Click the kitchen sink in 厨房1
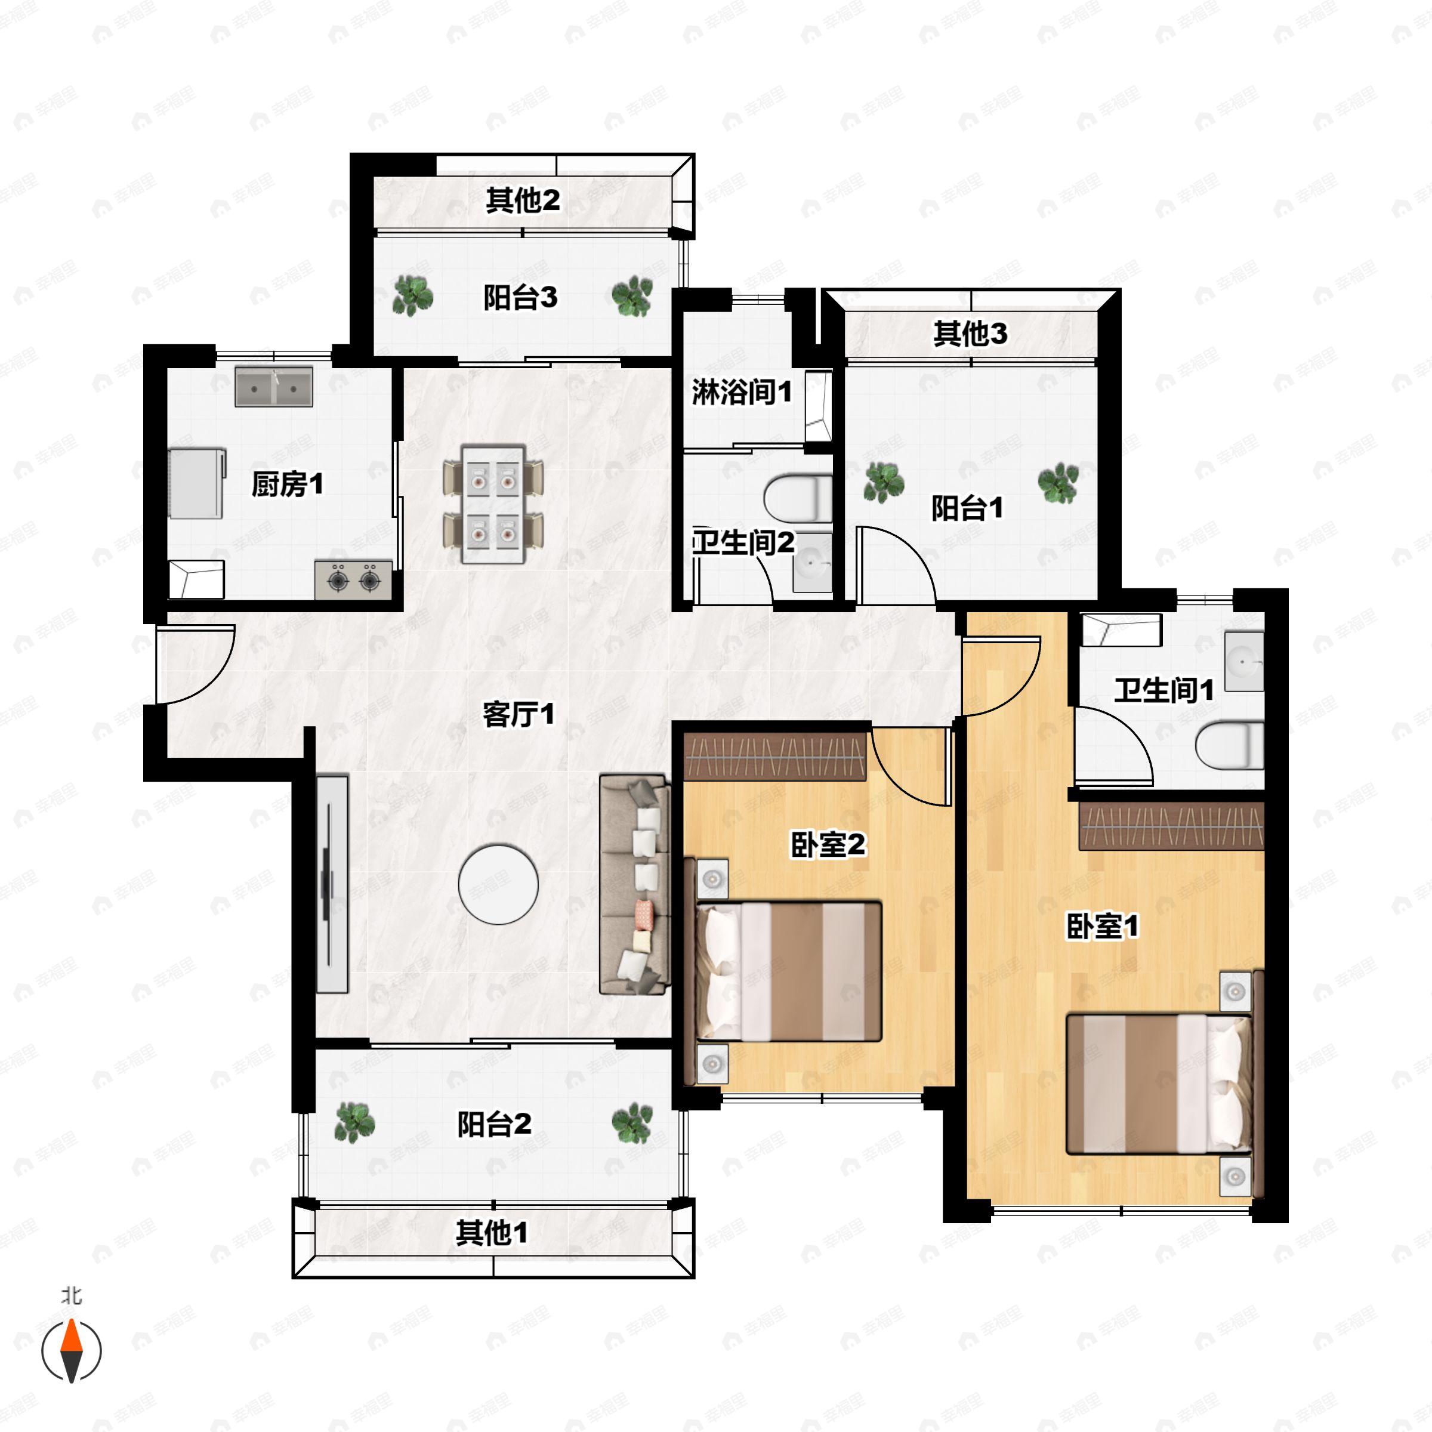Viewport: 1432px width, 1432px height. click(x=273, y=386)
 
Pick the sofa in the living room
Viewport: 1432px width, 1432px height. click(x=634, y=884)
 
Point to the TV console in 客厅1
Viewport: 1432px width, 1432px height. click(x=332, y=884)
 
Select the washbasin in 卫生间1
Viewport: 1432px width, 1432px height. click(x=1243, y=661)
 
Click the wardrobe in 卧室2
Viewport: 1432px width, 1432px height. click(x=774, y=756)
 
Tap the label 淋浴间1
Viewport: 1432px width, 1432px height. click(x=742, y=391)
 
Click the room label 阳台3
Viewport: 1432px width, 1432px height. click(x=520, y=298)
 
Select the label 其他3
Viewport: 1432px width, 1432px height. click(x=970, y=334)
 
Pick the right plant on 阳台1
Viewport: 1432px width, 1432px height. click(x=1058, y=483)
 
